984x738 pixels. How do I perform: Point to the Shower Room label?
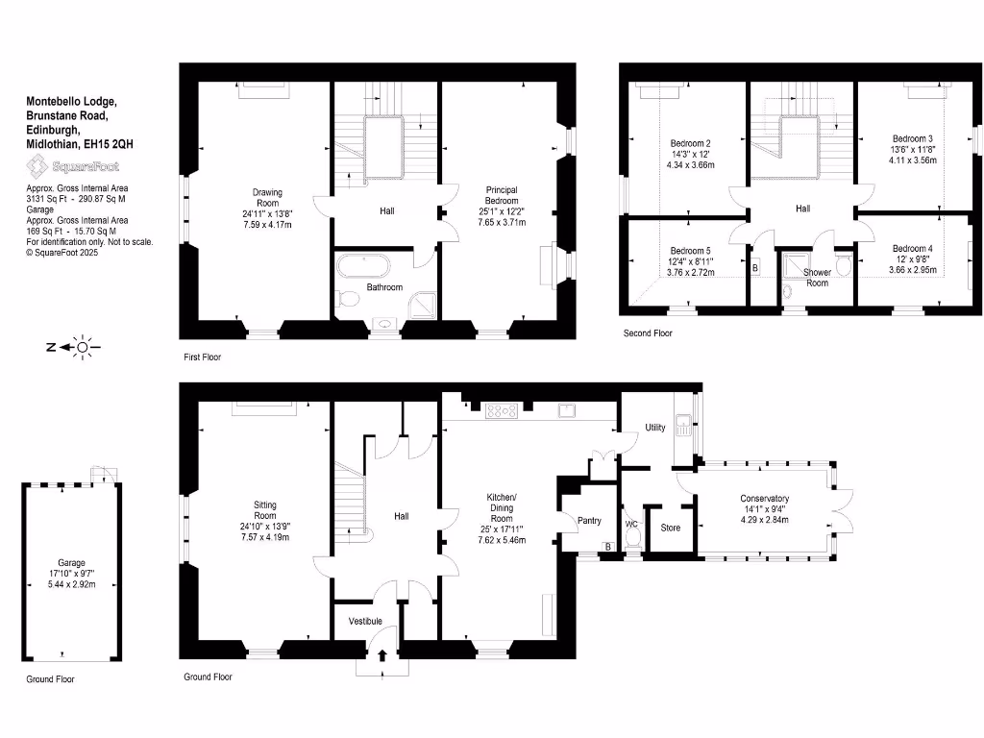(x=816, y=277)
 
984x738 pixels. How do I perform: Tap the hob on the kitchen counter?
(x=502, y=411)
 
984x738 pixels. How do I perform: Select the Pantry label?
(x=588, y=521)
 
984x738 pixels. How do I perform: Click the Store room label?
(x=671, y=527)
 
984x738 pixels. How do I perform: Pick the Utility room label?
(x=655, y=427)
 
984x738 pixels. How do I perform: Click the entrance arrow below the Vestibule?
(x=383, y=656)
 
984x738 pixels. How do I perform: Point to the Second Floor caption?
(x=648, y=333)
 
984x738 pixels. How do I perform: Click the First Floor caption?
(x=203, y=357)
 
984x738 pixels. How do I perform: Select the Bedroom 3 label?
(x=912, y=137)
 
